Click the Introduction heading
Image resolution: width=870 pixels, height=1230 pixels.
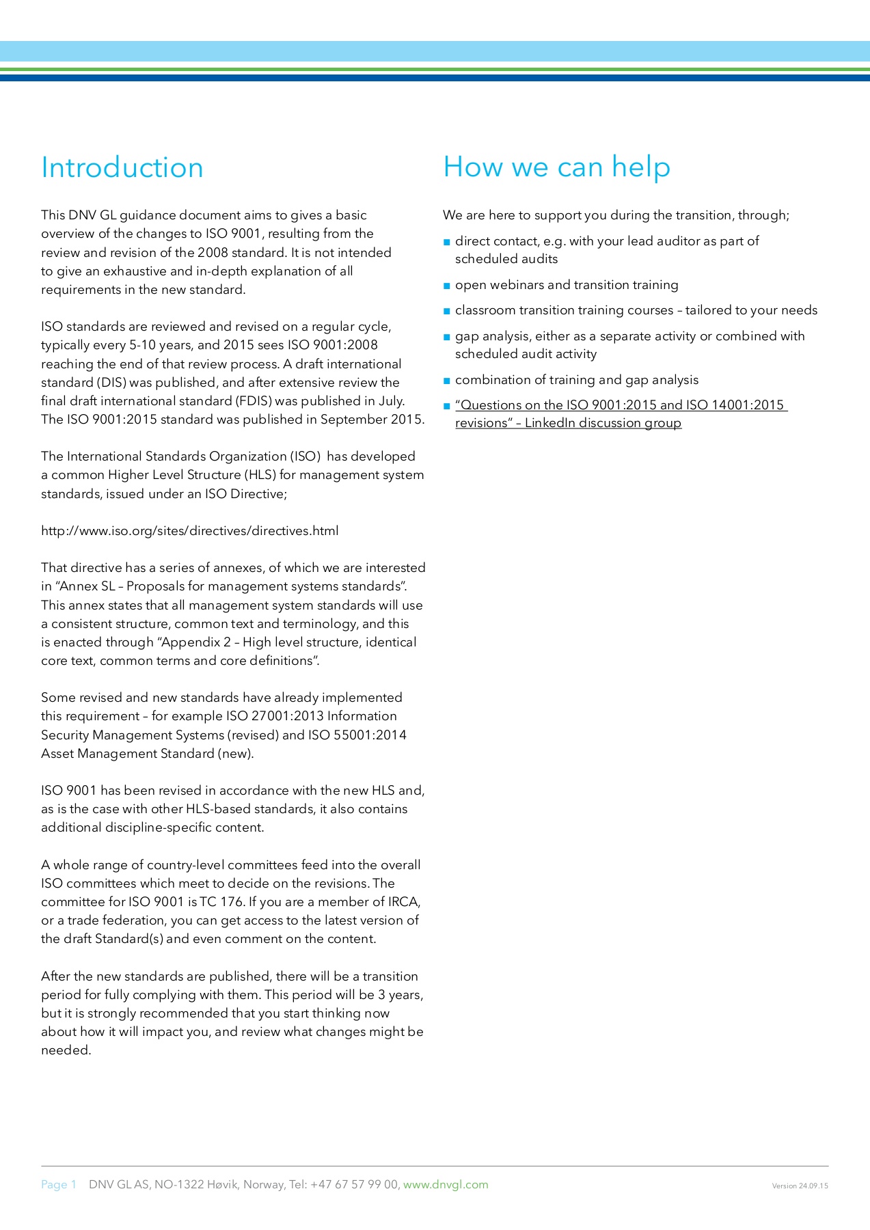[x=122, y=168]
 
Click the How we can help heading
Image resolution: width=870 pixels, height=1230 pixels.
[x=556, y=167]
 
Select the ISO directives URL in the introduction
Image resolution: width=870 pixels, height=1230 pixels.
[x=189, y=531]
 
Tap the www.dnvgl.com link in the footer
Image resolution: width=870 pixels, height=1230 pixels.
[x=446, y=1184]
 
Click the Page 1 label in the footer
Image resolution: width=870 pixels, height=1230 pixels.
[x=59, y=1184]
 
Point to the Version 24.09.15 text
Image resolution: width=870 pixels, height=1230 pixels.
[x=800, y=1186]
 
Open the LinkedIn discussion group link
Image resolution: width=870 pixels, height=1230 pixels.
[x=621, y=413]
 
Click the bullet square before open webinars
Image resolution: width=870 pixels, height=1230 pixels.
[x=447, y=286]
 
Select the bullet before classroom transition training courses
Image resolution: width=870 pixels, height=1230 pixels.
[x=447, y=311]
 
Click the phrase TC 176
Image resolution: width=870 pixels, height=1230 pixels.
[x=221, y=901]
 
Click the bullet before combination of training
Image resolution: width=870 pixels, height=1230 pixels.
[x=447, y=381]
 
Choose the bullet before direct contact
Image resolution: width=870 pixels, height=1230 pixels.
[x=447, y=242]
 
